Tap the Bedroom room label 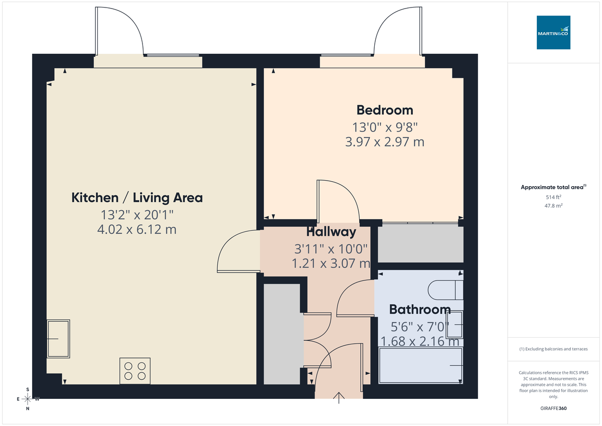385,110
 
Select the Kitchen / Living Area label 137,198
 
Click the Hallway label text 331,232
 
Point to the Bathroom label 420,309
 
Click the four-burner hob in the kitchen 135,371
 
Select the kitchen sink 58,339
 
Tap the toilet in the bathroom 445,290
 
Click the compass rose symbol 28,399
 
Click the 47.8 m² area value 553,206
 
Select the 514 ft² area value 553,197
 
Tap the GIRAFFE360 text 553,408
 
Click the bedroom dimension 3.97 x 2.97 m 385,142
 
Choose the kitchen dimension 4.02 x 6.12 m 137,230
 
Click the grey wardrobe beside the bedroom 420,244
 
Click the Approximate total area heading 552,187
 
